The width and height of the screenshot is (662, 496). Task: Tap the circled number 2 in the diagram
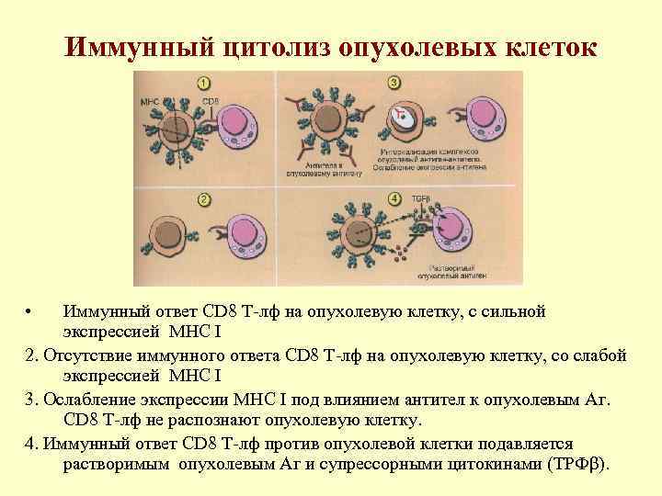coord(204,200)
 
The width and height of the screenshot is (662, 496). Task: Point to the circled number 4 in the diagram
coord(394,198)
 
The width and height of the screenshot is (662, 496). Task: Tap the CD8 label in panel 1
coord(211,99)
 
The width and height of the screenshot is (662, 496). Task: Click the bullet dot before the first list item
coord(30,313)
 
